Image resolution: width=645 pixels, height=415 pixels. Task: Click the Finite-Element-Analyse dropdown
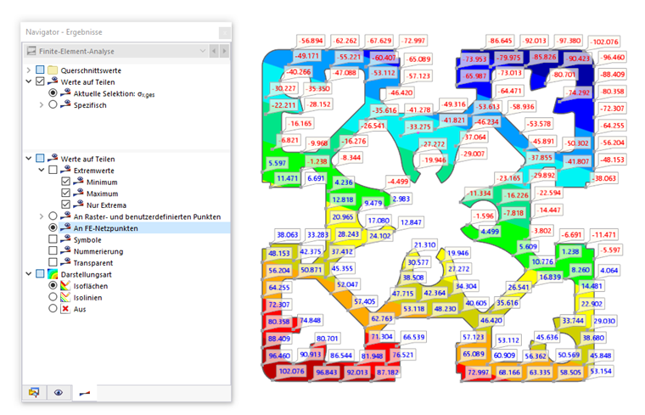point(116,51)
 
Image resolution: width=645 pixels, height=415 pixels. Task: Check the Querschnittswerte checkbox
point(40,70)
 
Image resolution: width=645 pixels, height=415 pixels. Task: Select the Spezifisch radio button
point(53,105)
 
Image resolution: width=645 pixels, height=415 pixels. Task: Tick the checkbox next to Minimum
point(66,182)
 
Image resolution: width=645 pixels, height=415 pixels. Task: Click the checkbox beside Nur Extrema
point(66,205)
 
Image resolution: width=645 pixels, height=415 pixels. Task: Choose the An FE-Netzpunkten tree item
point(105,227)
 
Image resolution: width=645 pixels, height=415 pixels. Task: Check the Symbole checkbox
point(53,239)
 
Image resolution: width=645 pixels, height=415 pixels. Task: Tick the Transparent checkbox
point(53,262)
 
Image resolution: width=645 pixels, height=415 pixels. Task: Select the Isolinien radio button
point(53,296)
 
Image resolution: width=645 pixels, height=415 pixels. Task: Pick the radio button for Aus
point(53,308)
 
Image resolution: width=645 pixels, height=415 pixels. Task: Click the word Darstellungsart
point(86,274)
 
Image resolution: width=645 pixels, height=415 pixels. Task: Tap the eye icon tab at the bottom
point(59,393)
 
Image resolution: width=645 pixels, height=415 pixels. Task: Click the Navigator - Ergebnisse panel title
point(64,32)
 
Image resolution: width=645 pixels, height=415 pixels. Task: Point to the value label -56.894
point(311,41)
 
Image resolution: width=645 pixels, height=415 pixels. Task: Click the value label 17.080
point(379,221)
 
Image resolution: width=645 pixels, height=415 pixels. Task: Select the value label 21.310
point(424,244)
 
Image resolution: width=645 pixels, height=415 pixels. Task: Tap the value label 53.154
point(601,372)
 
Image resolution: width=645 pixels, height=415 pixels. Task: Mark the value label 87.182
point(387,373)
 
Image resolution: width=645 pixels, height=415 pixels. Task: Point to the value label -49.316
point(454,104)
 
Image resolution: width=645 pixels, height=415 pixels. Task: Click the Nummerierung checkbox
point(53,250)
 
